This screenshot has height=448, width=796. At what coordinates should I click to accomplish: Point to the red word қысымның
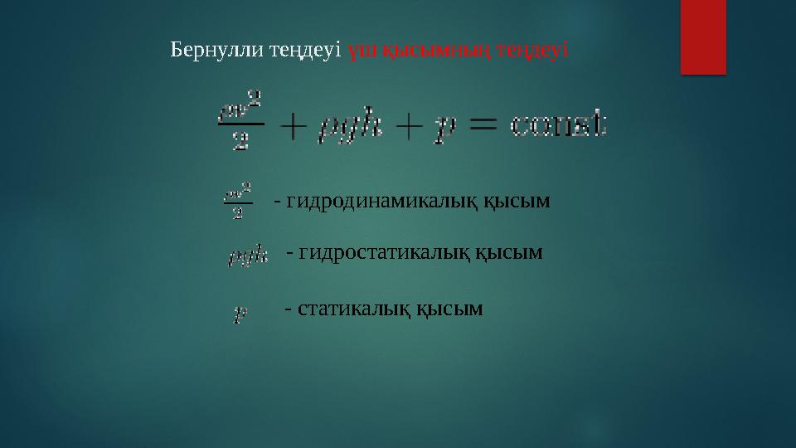430,50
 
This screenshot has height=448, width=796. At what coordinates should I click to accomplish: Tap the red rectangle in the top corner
703,36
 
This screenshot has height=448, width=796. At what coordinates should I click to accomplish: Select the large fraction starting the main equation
240,122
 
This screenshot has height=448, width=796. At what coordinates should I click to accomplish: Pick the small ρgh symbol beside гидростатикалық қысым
248,255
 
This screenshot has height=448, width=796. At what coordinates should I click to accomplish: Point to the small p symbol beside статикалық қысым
240,314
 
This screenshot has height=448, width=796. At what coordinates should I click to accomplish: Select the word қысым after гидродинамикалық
516,202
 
